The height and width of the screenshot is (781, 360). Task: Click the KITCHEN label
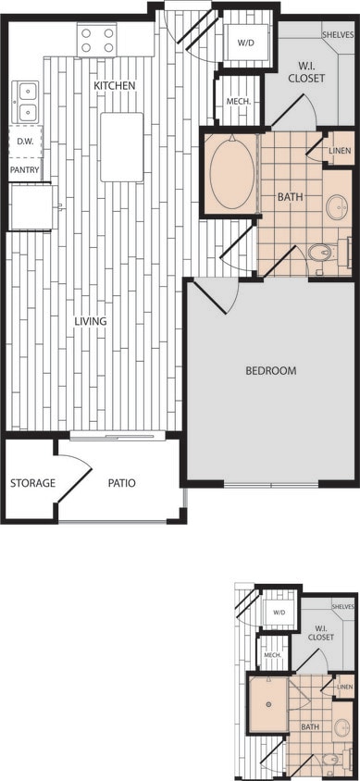(115, 86)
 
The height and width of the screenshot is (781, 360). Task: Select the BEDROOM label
(270, 371)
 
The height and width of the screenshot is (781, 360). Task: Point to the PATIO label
(121, 483)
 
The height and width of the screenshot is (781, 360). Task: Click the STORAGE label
(32, 483)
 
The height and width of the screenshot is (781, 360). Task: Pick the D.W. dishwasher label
(25, 142)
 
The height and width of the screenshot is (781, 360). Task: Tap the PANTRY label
(25, 170)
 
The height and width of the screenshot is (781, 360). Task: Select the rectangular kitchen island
(122, 146)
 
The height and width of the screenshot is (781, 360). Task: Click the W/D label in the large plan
(245, 43)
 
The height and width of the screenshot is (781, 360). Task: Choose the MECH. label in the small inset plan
(272, 654)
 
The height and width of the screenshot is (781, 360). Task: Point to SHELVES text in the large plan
(338, 35)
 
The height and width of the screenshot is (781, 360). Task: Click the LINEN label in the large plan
(340, 151)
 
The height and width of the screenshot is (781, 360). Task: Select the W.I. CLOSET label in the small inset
(320, 632)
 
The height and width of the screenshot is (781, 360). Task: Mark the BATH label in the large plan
(290, 197)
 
